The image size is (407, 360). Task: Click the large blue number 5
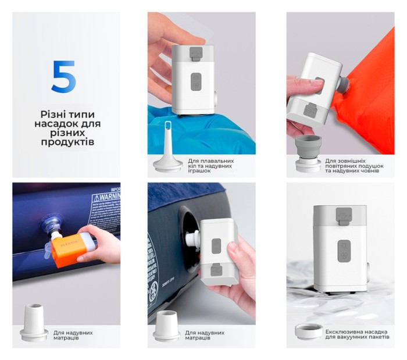click(63, 77)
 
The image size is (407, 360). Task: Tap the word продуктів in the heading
click(66, 142)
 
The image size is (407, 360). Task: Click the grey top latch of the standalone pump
click(343, 216)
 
